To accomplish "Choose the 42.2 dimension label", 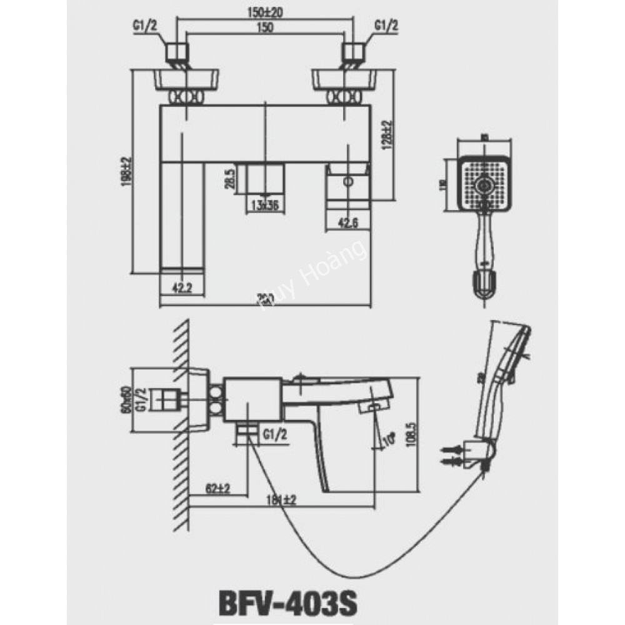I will (x=181, y=287).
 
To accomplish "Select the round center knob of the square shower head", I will (x=484, y=185).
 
